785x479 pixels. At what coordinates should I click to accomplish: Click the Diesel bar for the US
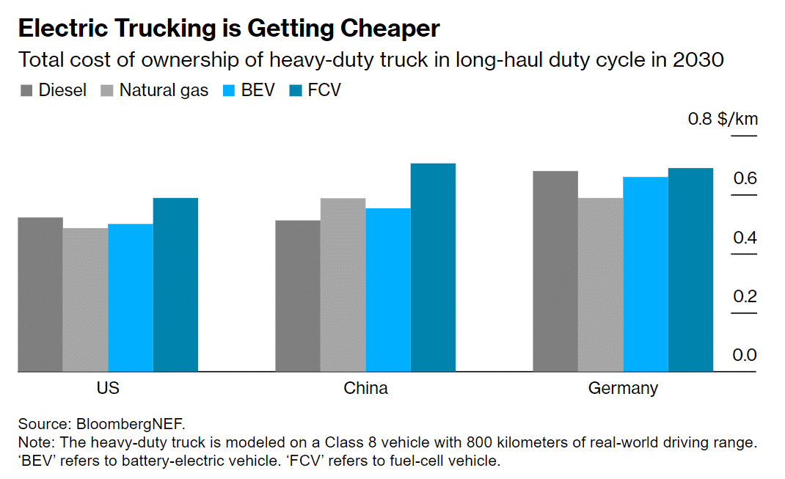coord(40,294)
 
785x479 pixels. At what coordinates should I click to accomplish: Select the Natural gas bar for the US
coord(85,299)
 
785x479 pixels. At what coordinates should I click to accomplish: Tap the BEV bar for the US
coord(131,297)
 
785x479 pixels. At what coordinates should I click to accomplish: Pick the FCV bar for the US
coord(175,285)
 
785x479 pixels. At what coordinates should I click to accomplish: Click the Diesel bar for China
coord(297,296)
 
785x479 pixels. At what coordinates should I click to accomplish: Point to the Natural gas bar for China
coord(343,285)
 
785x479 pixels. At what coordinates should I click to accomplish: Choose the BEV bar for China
coord(387,290)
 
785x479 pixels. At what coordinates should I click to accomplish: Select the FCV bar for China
coord(433,267)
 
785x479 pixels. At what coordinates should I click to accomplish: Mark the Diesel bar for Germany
coord(555,271)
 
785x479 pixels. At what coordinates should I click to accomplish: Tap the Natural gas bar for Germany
coord(600,285)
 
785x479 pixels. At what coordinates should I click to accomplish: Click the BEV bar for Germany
coord(646,274)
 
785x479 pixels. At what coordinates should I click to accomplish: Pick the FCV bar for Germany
coord(690,270)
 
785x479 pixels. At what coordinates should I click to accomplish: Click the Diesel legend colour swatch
coord(26,91)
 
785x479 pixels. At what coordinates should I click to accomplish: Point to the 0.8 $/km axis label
coord(722,119)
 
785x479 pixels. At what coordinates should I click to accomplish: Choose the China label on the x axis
coord(365,388)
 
